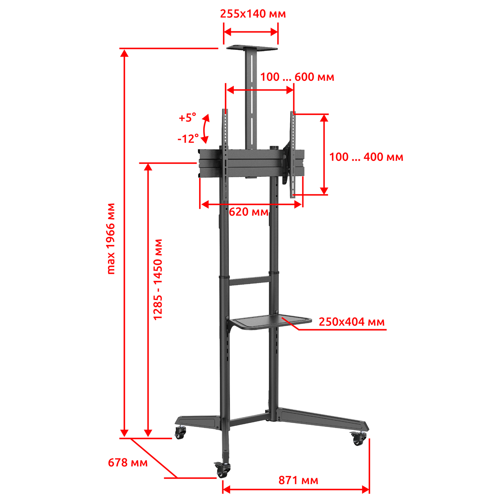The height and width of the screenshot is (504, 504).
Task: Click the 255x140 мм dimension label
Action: point(253,14)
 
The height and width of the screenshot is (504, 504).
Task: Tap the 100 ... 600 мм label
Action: point(297,77)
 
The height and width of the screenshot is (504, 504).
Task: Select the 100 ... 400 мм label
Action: point(366,157)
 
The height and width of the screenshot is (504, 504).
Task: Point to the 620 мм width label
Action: point(249,212)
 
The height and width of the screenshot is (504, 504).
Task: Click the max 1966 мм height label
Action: point(111,238)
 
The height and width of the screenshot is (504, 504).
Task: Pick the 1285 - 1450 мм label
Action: point(157,279)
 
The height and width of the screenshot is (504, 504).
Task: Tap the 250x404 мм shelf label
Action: point(352,322)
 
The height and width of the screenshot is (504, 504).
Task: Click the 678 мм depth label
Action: point(128,463)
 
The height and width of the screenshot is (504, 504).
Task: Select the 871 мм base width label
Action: point(298,480)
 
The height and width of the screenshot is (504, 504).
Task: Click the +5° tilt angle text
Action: point(187,118)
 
